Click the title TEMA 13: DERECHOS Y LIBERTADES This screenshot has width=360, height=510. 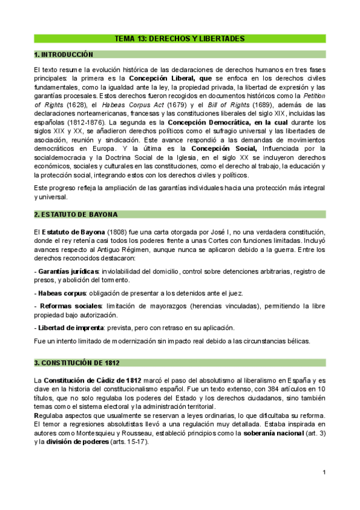[x=180, y=38]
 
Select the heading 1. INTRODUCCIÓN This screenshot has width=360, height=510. [x=64, y=54]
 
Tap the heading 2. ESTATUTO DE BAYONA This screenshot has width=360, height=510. [x=76, y=214]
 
